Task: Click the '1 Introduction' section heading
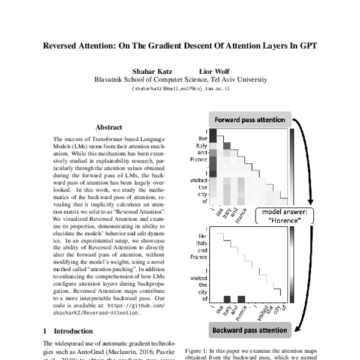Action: click(68, 331)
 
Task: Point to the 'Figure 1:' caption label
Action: click(196, 350)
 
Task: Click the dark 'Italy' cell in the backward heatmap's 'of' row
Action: click(227, 298)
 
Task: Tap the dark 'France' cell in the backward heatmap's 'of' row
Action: click(241, 298)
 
